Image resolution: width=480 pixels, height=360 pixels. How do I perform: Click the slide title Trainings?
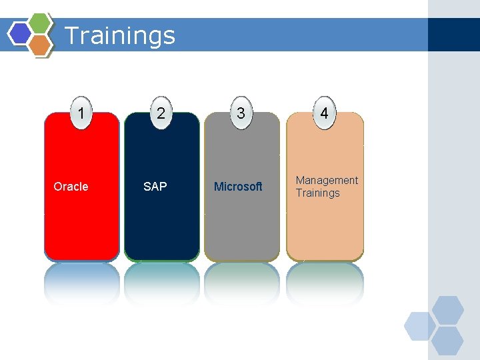pyautogui.click(x=120, y=35)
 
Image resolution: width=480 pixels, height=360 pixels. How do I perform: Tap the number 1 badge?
pyautogui.click(x=81, y=113)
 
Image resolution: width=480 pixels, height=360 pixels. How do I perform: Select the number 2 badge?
pyautogui.click(x=161, y=113)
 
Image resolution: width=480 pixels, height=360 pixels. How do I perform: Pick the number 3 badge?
pyautogui.click(x=241, y=113)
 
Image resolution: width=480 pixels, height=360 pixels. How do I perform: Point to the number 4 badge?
pyautogui.click(x=324, y=113)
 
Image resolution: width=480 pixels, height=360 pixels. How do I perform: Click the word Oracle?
pyautogui.click(x=71, y=187)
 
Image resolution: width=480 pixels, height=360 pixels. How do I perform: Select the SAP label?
pyautogui.click(x=155, y=187)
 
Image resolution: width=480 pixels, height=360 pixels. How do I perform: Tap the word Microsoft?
pyautogui.click(x=238, y=187)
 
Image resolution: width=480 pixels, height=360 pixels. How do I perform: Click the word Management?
pyautogui.click(x=327, y=181)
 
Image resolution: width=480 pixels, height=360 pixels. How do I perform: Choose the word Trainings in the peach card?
pyautogui.click(x=318, y=193)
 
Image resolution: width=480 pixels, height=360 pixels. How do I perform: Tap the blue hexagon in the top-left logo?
pyautogui.click(x=20, y=33)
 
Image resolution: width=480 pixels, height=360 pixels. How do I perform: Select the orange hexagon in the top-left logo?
pyautogui.click(x=40, y=44)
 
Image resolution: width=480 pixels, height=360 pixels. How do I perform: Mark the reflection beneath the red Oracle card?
pyautogui.click(x=81, y=283)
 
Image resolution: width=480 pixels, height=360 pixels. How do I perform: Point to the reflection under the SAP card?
pyautogui.click(x=161, y=283)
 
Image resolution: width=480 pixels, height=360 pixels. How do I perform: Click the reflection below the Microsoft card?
pyautogui.click(x=241, y=283)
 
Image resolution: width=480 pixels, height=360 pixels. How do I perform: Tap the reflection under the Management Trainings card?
pyautogui.click(x=325, y=283)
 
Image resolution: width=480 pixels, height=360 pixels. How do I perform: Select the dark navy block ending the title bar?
pyautogui.click(x=453, y=35)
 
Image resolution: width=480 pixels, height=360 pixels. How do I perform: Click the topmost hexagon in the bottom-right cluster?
pyautogui.click(x=447, y=310)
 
